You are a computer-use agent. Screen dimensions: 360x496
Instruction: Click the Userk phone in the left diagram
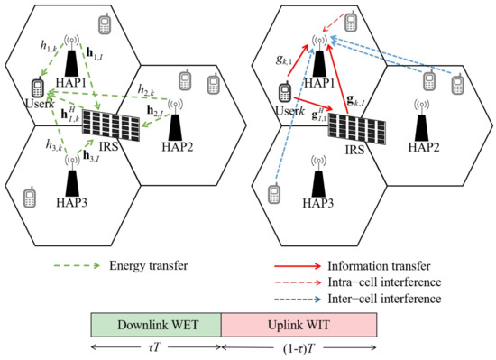pos(38,88)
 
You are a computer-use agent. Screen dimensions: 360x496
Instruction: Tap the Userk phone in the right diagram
pos(285,93)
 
